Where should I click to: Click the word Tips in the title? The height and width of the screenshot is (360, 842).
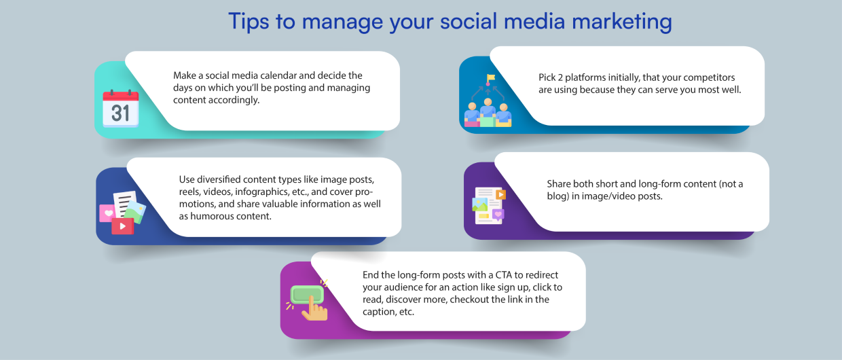click(249, 22)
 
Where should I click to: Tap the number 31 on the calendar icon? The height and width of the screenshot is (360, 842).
click(120, 113)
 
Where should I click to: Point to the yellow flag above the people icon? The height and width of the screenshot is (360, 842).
click(490, 78)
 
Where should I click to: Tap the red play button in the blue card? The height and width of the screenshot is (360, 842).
click(122, 226)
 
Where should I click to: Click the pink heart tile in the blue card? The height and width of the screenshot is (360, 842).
click(107, 213)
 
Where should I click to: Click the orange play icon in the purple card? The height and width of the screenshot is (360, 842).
click(500, 195)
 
